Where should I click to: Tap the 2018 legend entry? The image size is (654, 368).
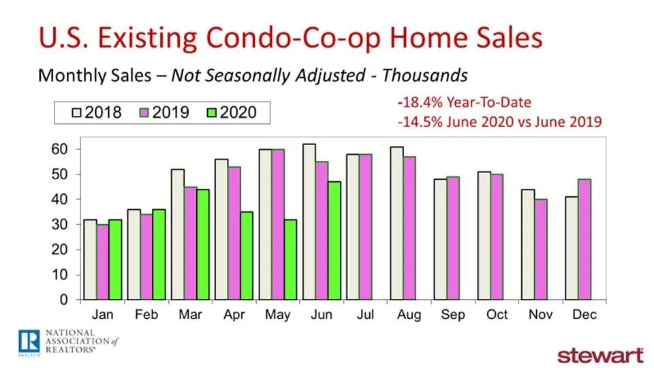[x=95, y=111]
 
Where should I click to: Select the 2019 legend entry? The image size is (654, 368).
[x=161, y=111]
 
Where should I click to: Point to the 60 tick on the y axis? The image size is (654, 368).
[x=63, y=149]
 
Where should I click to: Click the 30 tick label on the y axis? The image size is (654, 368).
[x=63, y=224]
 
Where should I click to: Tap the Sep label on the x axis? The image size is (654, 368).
[x=453, y=315]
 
